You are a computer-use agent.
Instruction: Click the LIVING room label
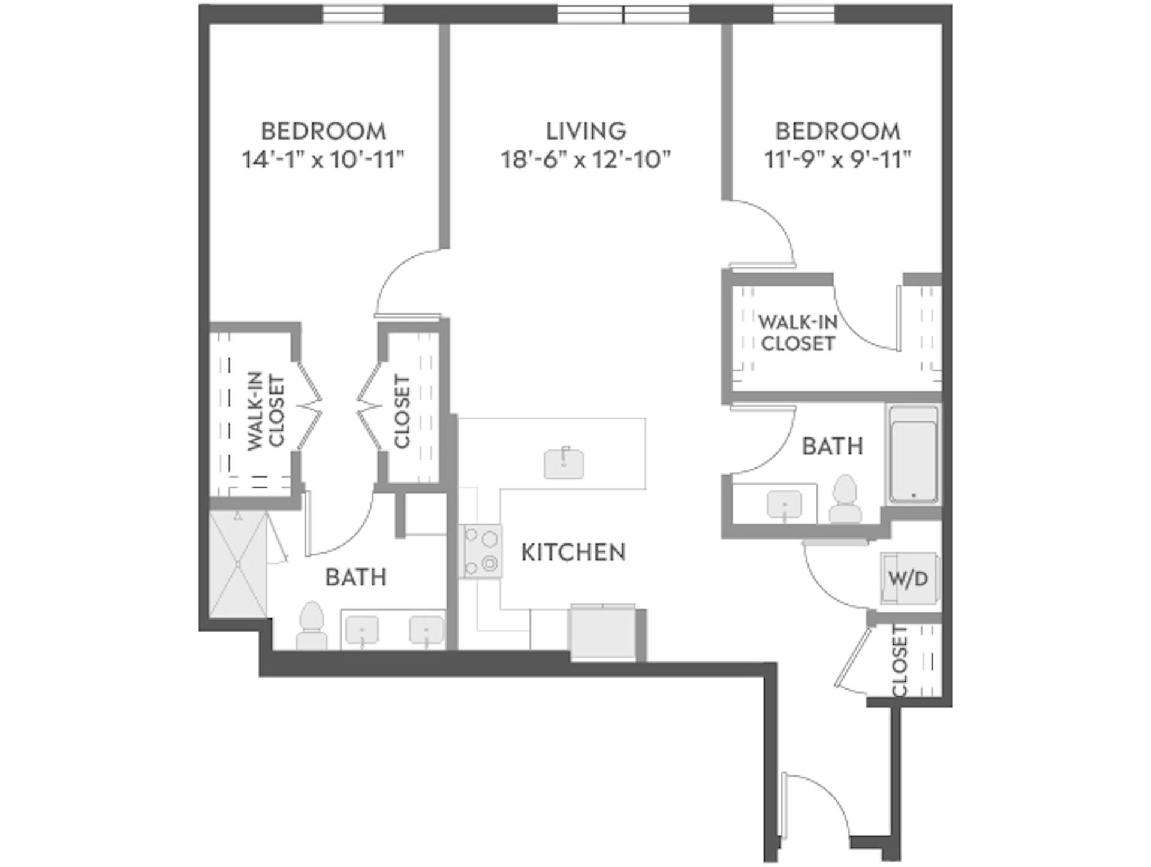(586, 131)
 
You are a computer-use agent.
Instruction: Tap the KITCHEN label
(573, 552)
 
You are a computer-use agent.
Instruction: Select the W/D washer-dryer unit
(908, 578)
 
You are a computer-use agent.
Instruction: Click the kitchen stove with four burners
(481, 552)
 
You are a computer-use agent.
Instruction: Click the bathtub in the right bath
(913, 454)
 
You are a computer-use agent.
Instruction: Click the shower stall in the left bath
(238, 564)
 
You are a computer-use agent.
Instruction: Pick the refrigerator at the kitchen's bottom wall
(602, 633)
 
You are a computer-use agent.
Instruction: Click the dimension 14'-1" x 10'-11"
(323, 160)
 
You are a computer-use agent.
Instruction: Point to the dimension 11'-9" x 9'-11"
(837, 160)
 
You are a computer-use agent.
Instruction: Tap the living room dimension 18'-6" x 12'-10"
(586, 160)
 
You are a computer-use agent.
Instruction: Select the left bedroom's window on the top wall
(353, 14)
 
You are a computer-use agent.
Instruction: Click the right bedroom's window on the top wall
(804, 14)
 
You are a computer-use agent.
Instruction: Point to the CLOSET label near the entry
(900, 661)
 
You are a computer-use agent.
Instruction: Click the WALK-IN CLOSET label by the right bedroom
(797, 333)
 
